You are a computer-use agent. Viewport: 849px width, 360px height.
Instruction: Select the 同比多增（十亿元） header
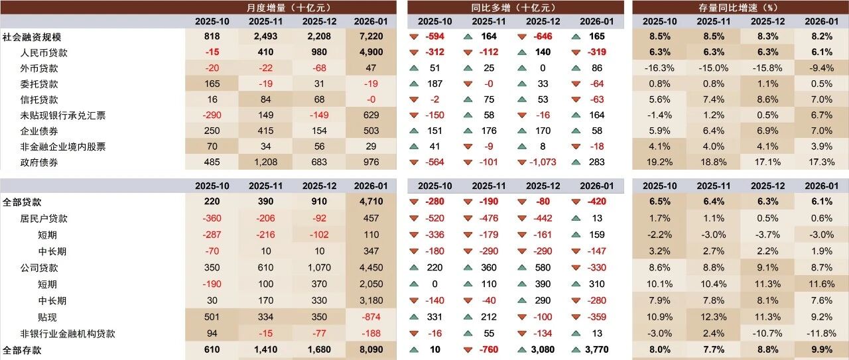coord(516,7)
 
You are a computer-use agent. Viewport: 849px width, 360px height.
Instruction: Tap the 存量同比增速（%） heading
coord(740,7)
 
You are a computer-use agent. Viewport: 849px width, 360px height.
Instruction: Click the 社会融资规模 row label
coord(32,37)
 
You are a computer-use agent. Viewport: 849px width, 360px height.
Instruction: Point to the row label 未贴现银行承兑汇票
coord(63,115)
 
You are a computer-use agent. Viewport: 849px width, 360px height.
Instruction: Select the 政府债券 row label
coord(39,162)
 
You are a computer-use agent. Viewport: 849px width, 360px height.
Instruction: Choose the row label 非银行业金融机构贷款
coord(68,334)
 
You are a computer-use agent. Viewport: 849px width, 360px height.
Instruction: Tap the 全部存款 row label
coord(22,350)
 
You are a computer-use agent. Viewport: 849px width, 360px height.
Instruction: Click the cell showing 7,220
coord(371,36)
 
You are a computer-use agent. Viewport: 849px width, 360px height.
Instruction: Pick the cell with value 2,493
coord(266,36)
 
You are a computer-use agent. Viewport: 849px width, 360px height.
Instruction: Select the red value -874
coord(371,317)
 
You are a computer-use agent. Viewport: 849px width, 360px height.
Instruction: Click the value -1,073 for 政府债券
coord(543,162)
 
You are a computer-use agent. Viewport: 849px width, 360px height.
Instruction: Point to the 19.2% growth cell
coord(659,162)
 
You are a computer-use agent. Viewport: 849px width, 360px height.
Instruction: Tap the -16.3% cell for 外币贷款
coord(659,68)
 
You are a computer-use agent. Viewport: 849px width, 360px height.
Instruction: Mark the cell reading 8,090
coord(371,350)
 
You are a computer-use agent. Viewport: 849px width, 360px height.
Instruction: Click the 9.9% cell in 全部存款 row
coord(822,350)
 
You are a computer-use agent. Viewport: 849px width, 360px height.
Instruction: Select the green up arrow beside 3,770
coord(576,350)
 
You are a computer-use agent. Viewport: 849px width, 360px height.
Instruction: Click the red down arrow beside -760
coord(468,350)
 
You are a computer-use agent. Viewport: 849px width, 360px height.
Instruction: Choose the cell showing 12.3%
coord(714,317)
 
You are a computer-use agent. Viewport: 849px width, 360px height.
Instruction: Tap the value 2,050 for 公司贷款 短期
coord(371,284)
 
